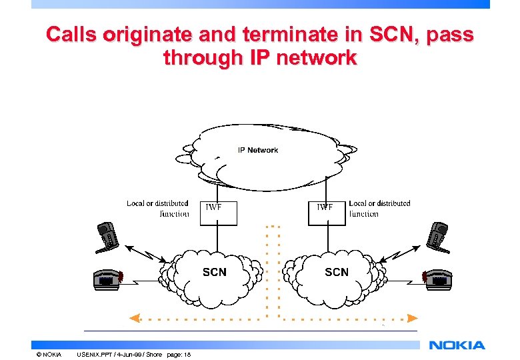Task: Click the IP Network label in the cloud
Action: (258, 150)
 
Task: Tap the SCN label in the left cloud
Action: (214, 272)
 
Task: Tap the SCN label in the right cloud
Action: (337, 272)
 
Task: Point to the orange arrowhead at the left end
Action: (135, 318)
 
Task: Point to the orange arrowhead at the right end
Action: (413, 318)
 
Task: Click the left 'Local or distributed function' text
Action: (158, 209)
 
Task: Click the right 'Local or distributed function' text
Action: (379, 209)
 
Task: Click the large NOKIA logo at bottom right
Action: (457, 345)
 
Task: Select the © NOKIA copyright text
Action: (49, 354)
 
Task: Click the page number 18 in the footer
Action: (188, 354)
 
